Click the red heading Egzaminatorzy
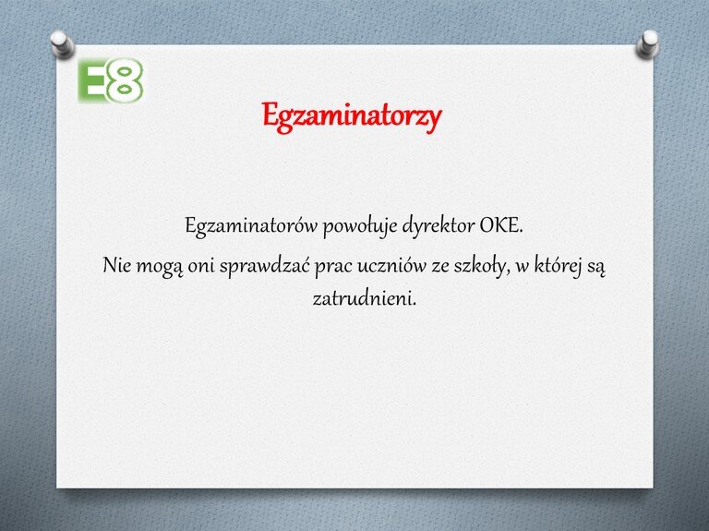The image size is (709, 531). [x=352, y=117]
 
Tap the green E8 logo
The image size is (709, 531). [x=111, y=80]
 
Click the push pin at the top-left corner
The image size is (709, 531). [x=62, y=44]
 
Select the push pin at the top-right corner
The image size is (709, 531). [x=647, y=44]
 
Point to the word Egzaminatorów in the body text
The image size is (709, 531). [x=251, y=226]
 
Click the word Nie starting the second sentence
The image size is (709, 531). [x=116, y=265]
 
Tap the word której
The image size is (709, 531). [x=557, y=266]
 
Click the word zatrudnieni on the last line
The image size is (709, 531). [x=364, y=298]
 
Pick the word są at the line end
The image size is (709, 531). [x=595, y=268]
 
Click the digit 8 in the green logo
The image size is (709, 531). [x=125, y=80]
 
